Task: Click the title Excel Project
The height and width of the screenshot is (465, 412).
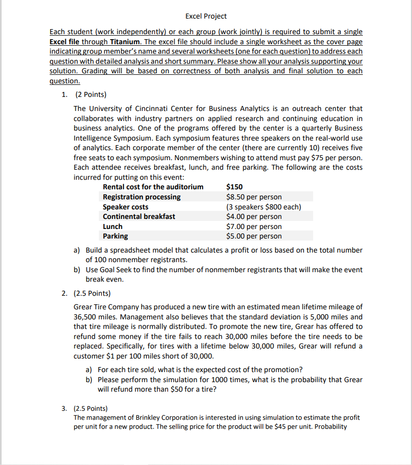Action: click(x=206, y=16)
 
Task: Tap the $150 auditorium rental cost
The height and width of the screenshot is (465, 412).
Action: click(x=235, y=187)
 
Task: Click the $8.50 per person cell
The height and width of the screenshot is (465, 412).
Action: click(x=254, y=197)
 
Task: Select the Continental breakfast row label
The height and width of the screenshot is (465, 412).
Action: click(x=139, y=216)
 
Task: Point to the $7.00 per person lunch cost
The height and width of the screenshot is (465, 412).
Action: click(x=254, y=226)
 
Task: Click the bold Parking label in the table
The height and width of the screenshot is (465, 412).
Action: click(x=115, y=236)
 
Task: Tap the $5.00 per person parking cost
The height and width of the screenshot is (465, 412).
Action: click(x=254, y=236)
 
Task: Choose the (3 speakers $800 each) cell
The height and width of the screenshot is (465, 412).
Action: click(x=263, y=207)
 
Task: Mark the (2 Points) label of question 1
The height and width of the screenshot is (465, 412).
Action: click(x=90, y=94)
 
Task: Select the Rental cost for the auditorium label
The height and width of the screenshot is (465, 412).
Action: click(x=153, y=187)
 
